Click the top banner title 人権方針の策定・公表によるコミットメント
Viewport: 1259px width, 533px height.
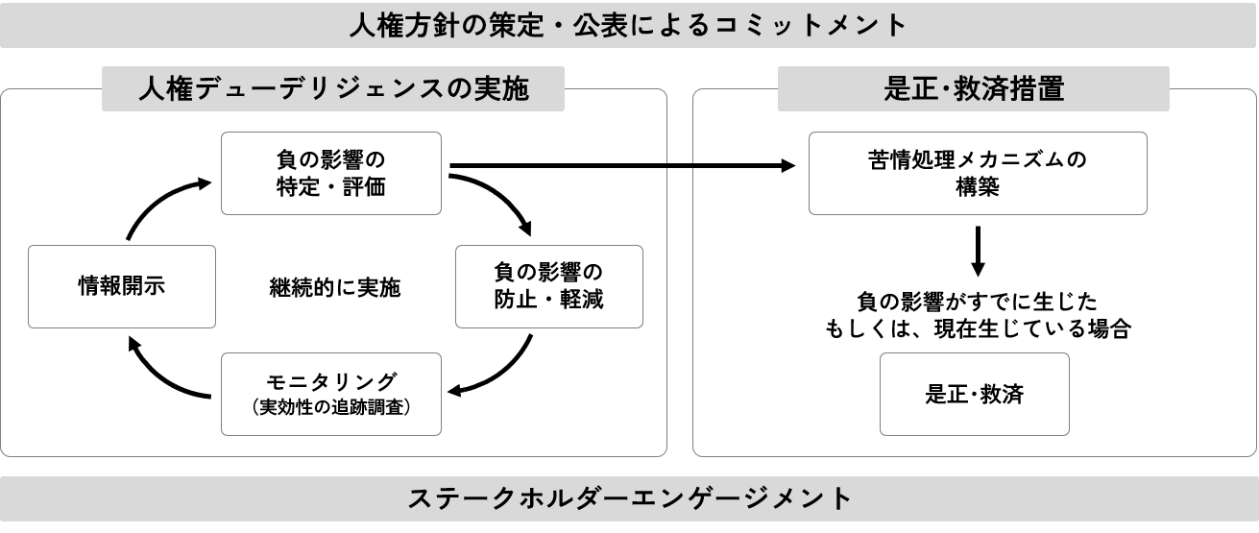click(x=629, y=24)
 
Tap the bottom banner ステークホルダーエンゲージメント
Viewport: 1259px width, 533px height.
click(x=629, y=499)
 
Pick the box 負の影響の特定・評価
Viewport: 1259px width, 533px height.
click(x=331, y=173)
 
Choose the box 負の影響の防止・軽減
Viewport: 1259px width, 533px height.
click(x=547, y=285)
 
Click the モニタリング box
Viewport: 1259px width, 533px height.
click(x=331, y=394)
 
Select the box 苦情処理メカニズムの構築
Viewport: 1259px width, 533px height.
click(x=978, y=173)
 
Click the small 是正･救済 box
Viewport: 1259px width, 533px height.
click(x=974, y=394)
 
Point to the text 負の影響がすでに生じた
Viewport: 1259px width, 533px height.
click(x=978, y=300)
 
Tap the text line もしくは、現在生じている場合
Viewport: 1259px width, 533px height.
click(x=978, y=329)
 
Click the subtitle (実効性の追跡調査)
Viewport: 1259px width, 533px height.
click(x=331, y=407)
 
